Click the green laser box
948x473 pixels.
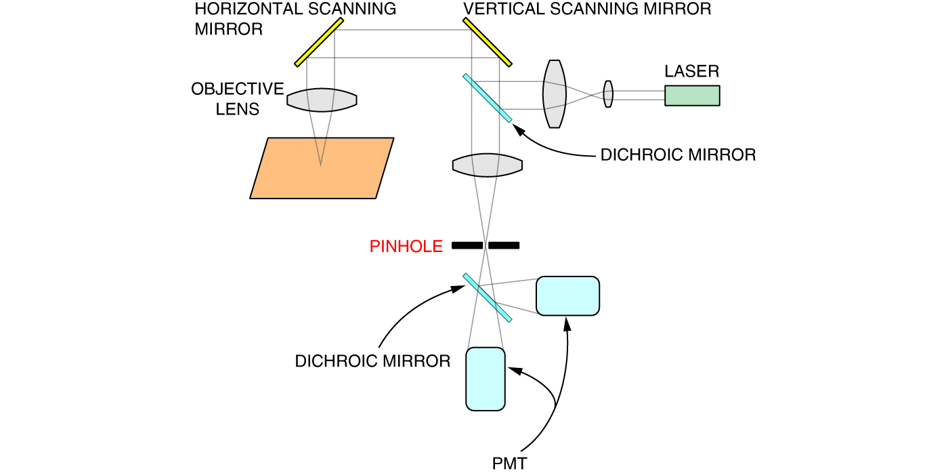(692, 96)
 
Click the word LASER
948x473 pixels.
(692, 72)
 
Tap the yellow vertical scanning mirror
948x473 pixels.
(487, 41)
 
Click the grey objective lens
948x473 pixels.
(322, 100)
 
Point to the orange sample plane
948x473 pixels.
(322, 168)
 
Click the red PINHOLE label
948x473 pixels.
(406, 246)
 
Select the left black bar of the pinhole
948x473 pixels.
(467, 245)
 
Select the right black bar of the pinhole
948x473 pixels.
(504, 245)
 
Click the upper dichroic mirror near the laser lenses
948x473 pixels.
(488, 98)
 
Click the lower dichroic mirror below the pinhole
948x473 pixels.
(488, 297)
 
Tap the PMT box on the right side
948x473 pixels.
(567, 296)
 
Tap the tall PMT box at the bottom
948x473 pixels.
(486, 379)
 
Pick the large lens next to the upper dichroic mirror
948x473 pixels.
(554, 94)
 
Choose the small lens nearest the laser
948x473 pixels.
(608, 94)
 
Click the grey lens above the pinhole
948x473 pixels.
(487, 165)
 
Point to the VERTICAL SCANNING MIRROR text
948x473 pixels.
(587, 9)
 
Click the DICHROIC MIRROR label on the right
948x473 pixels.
(678, 155)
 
